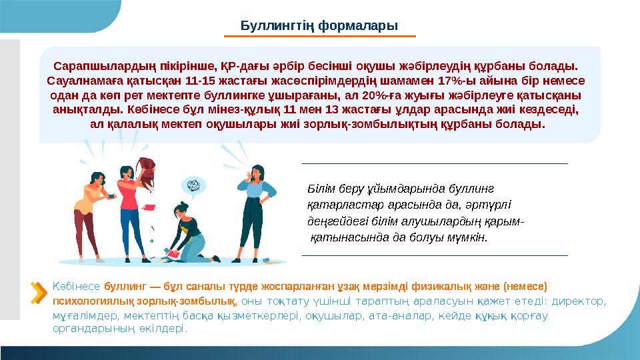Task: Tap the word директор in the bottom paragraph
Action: (579, 301)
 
